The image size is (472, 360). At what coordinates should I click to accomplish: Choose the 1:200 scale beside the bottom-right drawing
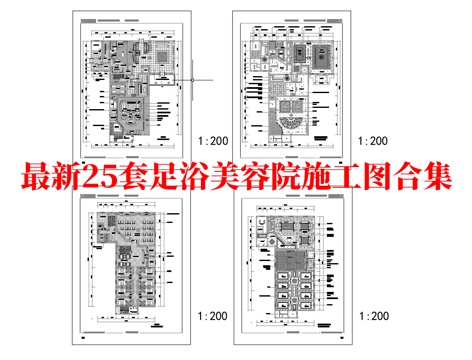tap(372, 315)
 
